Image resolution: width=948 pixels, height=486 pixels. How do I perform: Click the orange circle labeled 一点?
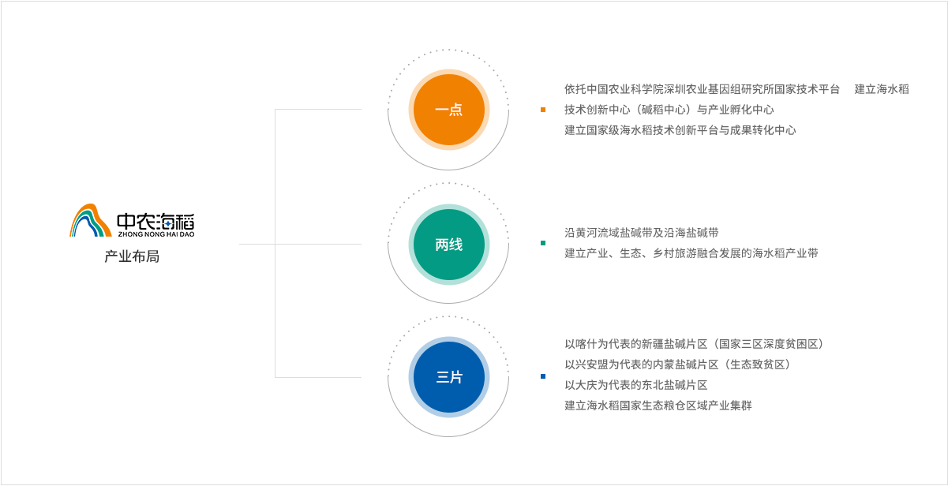(448, 110)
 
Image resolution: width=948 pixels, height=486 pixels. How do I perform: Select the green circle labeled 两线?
(448, 245)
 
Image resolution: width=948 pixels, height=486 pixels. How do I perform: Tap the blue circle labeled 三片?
(448, 377)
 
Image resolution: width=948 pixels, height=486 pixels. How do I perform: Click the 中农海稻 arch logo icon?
(91, 221)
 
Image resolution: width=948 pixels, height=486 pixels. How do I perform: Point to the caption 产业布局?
(132, 257)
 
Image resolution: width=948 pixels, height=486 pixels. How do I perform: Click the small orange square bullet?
(543, 110)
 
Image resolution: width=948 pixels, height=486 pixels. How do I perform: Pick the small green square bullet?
(543, 243)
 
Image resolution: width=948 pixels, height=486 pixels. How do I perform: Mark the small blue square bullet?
(543, 376)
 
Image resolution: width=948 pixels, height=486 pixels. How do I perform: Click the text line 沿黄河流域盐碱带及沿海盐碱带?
(641, 233)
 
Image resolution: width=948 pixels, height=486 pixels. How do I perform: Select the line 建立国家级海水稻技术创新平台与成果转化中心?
(680, 130)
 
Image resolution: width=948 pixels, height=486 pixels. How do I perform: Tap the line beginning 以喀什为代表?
(694, 344)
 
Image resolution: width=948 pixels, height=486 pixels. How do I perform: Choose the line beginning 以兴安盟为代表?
(676, 364)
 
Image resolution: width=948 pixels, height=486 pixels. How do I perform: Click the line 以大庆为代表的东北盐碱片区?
(635, 385)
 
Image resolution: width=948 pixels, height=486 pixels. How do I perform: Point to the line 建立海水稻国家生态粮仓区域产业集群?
(658, 406)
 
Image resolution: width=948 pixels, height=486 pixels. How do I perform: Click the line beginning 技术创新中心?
(669, 110)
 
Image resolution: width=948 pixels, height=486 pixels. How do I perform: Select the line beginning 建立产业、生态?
(691, 253)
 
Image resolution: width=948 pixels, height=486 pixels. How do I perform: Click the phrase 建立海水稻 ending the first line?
(881, 89)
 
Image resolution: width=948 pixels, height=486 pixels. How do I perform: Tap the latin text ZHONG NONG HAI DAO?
(156, 234)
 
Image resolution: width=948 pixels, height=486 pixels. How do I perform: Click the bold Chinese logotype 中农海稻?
(156, 220)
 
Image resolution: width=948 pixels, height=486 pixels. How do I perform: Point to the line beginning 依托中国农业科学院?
(702, 89)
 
